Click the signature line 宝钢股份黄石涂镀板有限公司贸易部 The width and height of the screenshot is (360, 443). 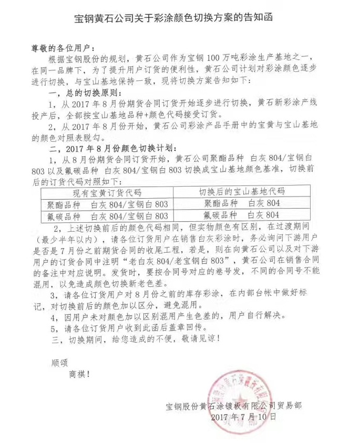pyautogui.click(x=234, y=405)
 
